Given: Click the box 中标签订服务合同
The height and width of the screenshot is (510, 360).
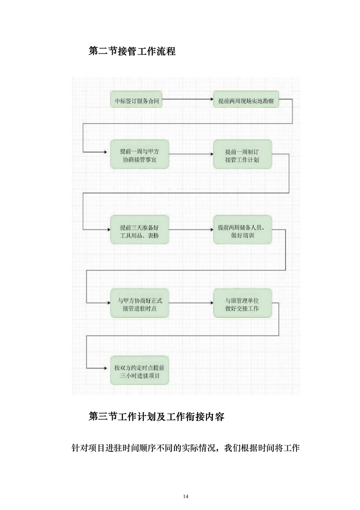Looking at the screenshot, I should coord(136,100).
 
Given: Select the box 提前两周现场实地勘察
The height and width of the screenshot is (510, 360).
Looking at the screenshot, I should coord(246,100).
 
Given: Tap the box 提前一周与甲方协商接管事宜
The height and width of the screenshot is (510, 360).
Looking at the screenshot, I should coord(140,155).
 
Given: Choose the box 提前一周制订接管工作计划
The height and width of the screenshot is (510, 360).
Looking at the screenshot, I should coord(242,155).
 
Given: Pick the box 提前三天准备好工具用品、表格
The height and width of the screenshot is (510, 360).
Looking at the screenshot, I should coord(140,230).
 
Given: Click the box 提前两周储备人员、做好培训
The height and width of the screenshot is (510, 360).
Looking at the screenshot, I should coord(243,230).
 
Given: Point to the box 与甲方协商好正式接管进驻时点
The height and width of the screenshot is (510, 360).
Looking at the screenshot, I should coord(140,303).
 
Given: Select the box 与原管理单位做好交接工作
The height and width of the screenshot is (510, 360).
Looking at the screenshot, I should coord(243,303).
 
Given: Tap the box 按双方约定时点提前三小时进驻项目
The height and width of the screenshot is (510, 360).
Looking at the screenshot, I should coord(140,370).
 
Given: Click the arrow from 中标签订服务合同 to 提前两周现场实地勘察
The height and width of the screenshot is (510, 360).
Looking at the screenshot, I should coord(188,100).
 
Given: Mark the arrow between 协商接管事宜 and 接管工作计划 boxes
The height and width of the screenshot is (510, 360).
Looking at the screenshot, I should coord(191,155).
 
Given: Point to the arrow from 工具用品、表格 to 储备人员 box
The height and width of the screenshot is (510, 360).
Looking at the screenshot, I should coord(191,230).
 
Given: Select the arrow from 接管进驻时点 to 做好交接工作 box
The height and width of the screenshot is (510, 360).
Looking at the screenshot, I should coord(191,303).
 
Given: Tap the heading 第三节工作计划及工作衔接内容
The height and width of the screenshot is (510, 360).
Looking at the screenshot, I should coord(157,416).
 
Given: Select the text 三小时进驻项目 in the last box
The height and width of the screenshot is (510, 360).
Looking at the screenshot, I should coord(140,377).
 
